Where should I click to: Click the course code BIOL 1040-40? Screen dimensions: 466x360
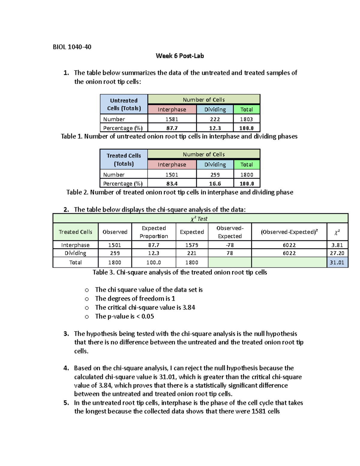pos(72,47)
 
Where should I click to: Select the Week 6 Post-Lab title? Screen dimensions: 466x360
pos(180,56)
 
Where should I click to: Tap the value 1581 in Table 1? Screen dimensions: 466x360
pos(172,119)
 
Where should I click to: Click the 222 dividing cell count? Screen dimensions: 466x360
pos(215,119)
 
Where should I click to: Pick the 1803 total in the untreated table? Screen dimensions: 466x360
pos(246,119)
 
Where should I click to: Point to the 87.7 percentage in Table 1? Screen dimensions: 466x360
pos(172,128)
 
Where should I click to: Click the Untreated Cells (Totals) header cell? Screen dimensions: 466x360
pos(124,104)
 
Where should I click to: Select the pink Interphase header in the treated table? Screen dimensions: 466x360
pos(172,164)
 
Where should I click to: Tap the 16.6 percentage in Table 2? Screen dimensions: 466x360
pos(215,184)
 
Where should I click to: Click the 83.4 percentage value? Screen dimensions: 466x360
pos(172,184)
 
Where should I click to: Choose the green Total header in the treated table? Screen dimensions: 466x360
pos(246,164)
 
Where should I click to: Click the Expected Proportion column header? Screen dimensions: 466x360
pos(154,232)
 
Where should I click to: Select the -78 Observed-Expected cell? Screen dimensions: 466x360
pos(230,245)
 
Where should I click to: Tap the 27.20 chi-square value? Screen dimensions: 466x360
pos(337,253)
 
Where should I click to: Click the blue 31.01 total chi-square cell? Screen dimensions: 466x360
pos(337,263)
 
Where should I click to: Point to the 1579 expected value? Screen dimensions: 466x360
pos(192,245)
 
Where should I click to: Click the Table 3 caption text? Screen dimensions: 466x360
pos(180,272)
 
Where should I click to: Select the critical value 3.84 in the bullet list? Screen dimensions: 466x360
pos(189,308)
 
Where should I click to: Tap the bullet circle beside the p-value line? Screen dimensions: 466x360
pos(87,317)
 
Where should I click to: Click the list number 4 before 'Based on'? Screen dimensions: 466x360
pos(66,368)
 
